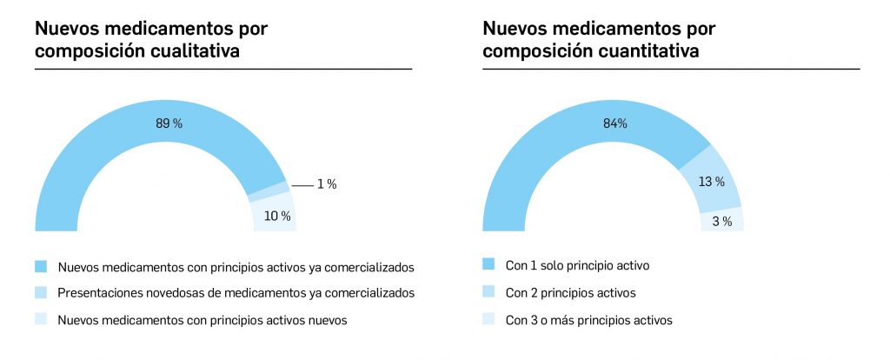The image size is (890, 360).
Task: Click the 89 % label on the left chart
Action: click(x=169, y=123)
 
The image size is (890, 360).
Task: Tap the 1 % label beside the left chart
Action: click(x=326, y=184)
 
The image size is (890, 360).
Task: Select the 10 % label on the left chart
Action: click(x=277, y=216)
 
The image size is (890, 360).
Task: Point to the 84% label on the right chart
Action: click(x=615, y=123)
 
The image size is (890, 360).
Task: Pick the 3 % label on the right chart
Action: click(x=722, y=222)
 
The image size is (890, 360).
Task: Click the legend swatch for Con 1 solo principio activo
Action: click(x=488, y=264)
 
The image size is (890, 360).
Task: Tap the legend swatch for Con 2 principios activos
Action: click(x=488, y=292)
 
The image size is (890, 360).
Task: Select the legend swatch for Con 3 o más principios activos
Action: click(x=488, y=320)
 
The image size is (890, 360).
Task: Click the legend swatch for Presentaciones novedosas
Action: click(x=41, y=292)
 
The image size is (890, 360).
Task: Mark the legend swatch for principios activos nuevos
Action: click(x=41, y=320)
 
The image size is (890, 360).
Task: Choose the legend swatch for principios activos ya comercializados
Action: click(x=41, y=264)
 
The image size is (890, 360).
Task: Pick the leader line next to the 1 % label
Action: click(x=302, y=185)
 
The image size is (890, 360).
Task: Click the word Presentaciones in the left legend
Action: click(x=98, y=292)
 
